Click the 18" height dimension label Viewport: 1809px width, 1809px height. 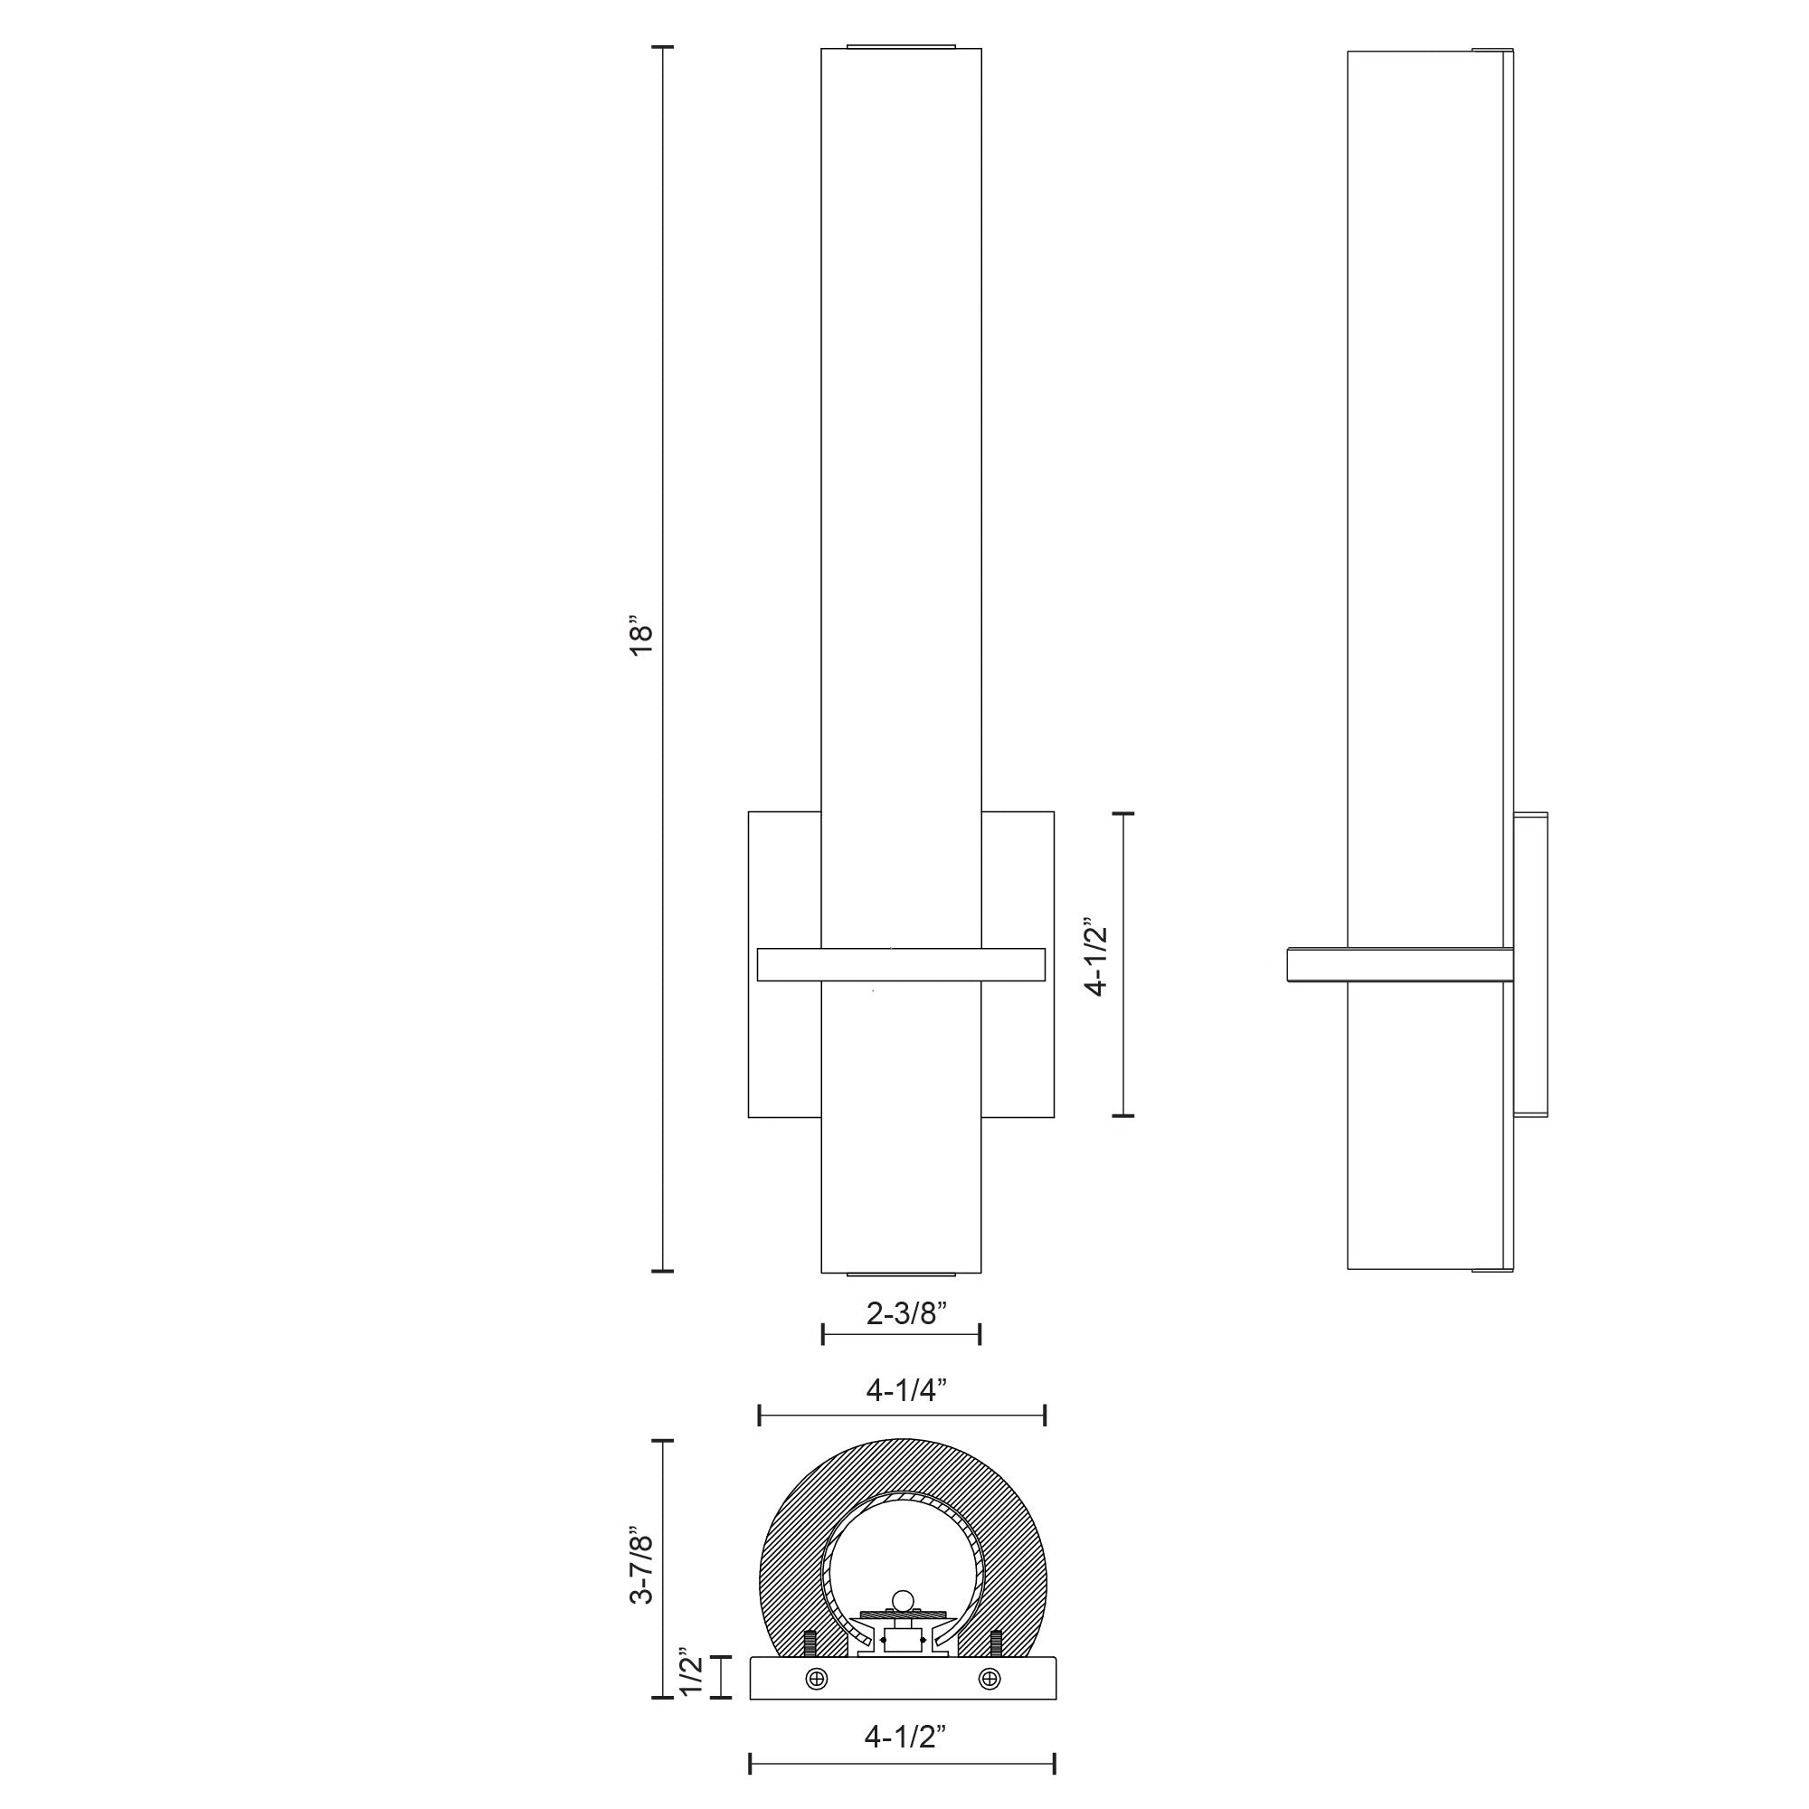click(640, 636)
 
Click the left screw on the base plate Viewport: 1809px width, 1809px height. click(817, 1705)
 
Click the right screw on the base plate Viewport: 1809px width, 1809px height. click(990, 1705)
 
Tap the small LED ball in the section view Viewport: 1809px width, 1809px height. click(902, 1624)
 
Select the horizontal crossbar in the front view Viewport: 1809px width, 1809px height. click(901, 964)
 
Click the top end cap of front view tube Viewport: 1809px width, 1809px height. click(901, 45)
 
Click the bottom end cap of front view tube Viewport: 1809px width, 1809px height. click(901, 1274)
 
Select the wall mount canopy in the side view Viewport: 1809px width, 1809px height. click(1531, 964)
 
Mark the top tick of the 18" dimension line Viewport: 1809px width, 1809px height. click(663, 46)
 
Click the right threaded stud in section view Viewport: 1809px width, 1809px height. click(995, 1668)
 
